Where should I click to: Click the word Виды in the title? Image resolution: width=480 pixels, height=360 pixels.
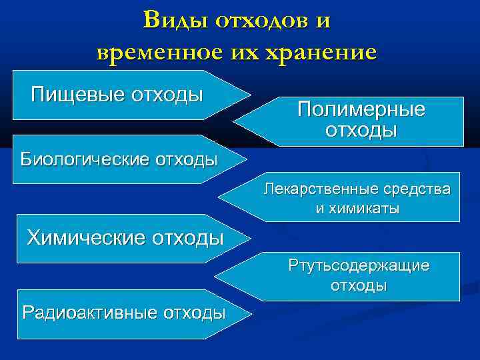coord(175,20)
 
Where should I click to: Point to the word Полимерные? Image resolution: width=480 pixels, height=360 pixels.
coord(361,109)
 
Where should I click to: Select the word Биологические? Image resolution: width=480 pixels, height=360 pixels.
coord(84,159)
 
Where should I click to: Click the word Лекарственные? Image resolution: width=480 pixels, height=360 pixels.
coord(315,189)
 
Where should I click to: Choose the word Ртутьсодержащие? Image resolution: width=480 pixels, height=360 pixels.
coord(359,265)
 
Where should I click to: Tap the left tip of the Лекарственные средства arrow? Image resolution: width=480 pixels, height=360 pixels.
coord(219,199)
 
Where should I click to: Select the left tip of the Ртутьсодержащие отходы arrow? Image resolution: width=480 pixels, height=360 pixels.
coord(214,275)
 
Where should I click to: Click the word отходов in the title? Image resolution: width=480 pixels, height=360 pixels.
coord(263,20)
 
